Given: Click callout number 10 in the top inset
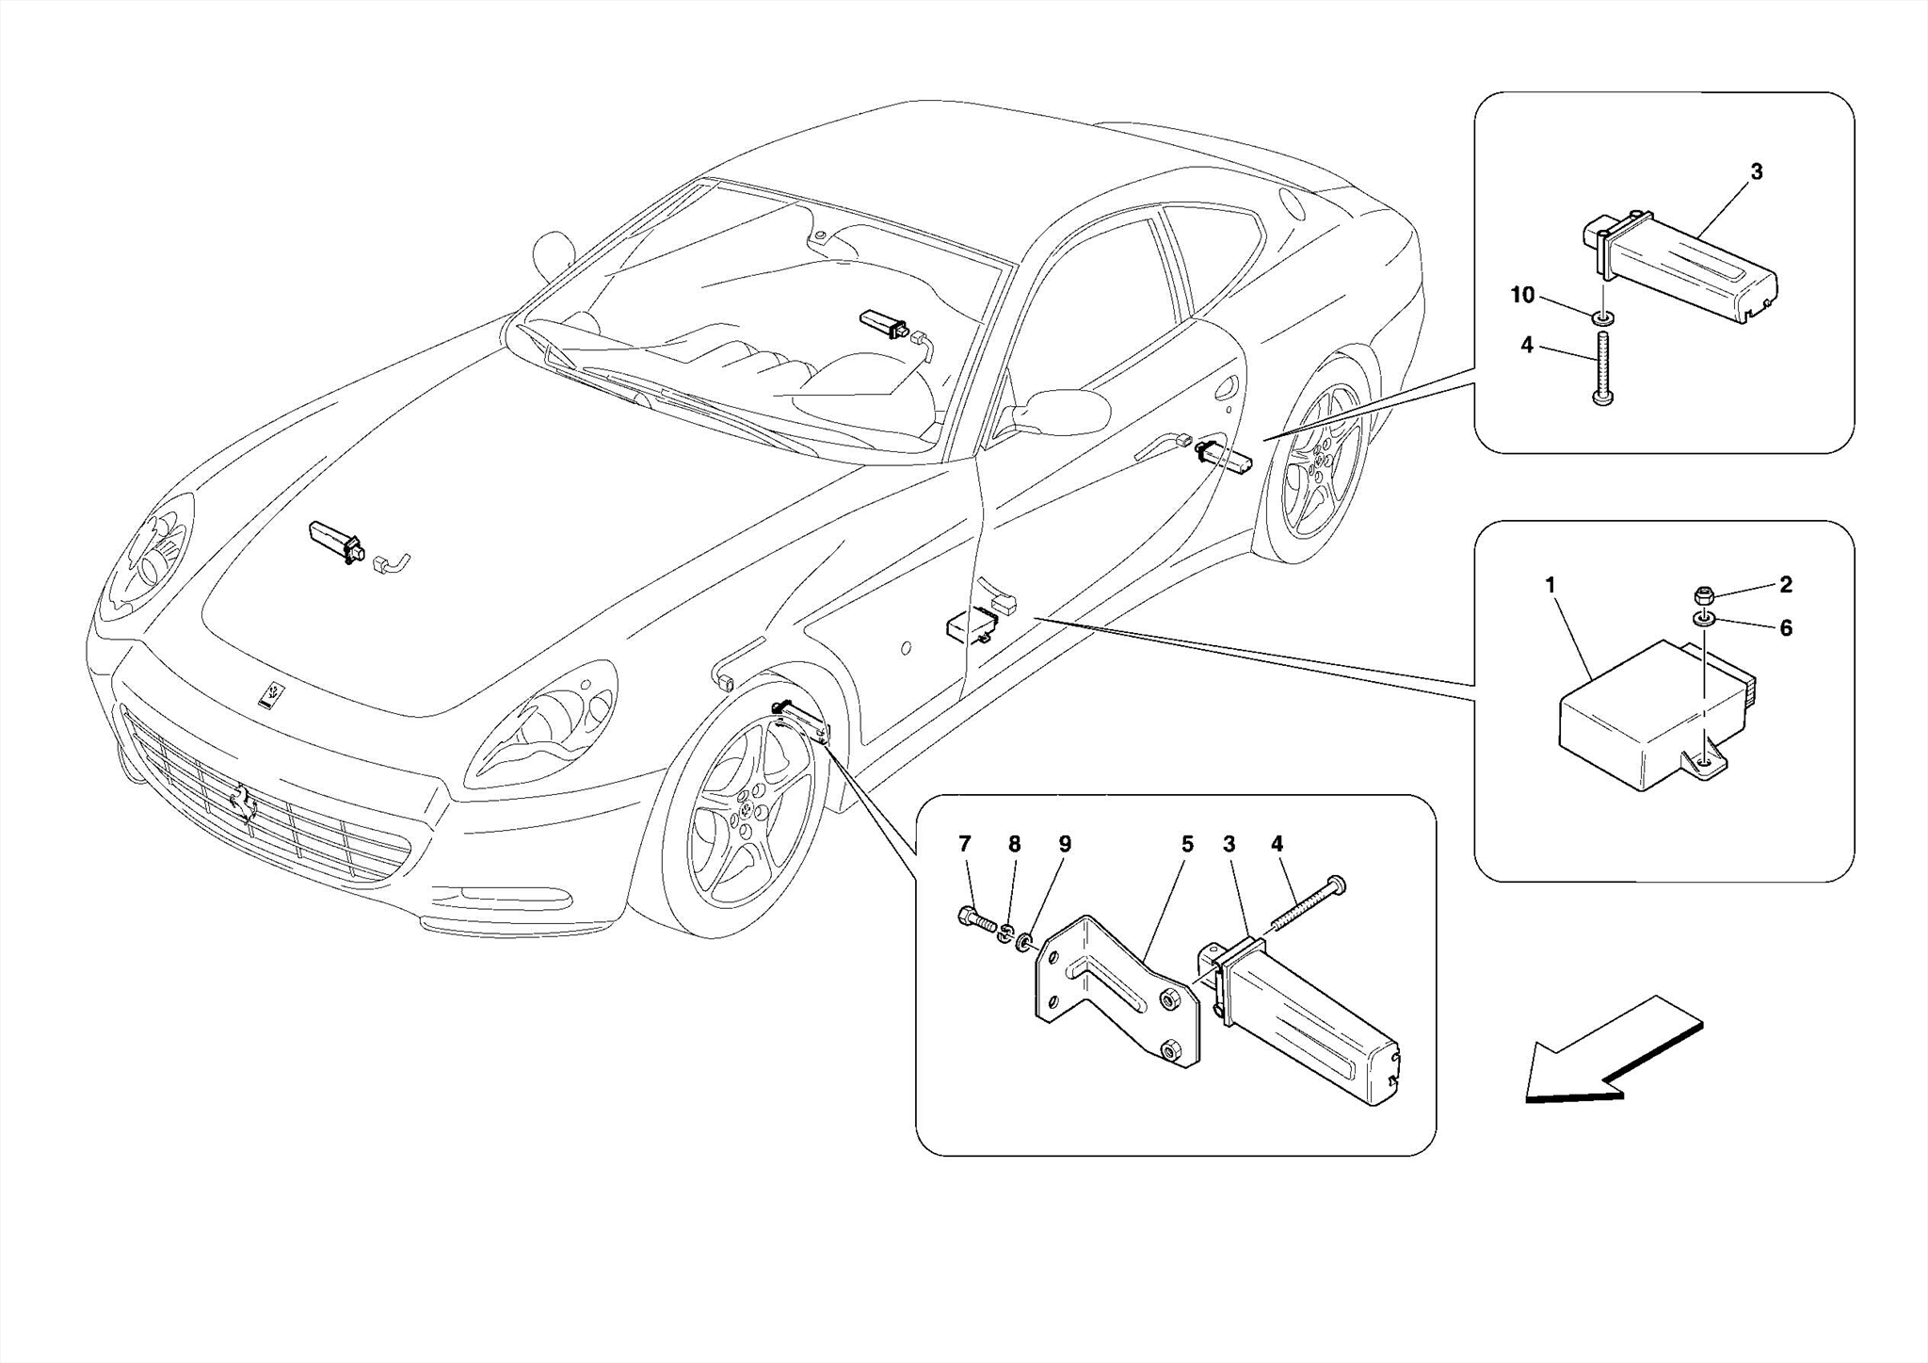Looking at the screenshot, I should [x=1522, y=296].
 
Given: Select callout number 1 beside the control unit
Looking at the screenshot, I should [x=1550, y=586].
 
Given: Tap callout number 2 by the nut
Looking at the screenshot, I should [x=1786, y=585].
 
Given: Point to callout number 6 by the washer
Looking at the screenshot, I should [x=1786, y=628].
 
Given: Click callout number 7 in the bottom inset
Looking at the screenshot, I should [x=965, y=845].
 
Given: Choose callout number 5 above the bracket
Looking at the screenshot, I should [x=1187, y=845].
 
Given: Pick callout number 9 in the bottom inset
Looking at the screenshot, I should [x=1065, y=845].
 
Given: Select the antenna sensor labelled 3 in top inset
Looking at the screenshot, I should [x=1695, y=273].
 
